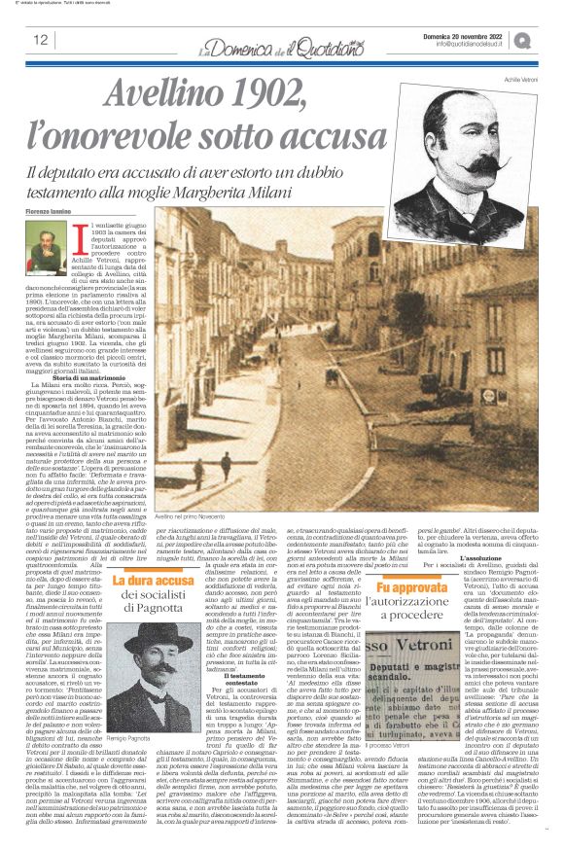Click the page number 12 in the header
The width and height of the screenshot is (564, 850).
pos(40,40)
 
